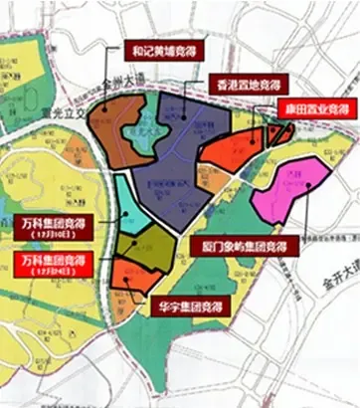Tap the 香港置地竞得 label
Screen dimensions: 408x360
[x=248, y=82]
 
